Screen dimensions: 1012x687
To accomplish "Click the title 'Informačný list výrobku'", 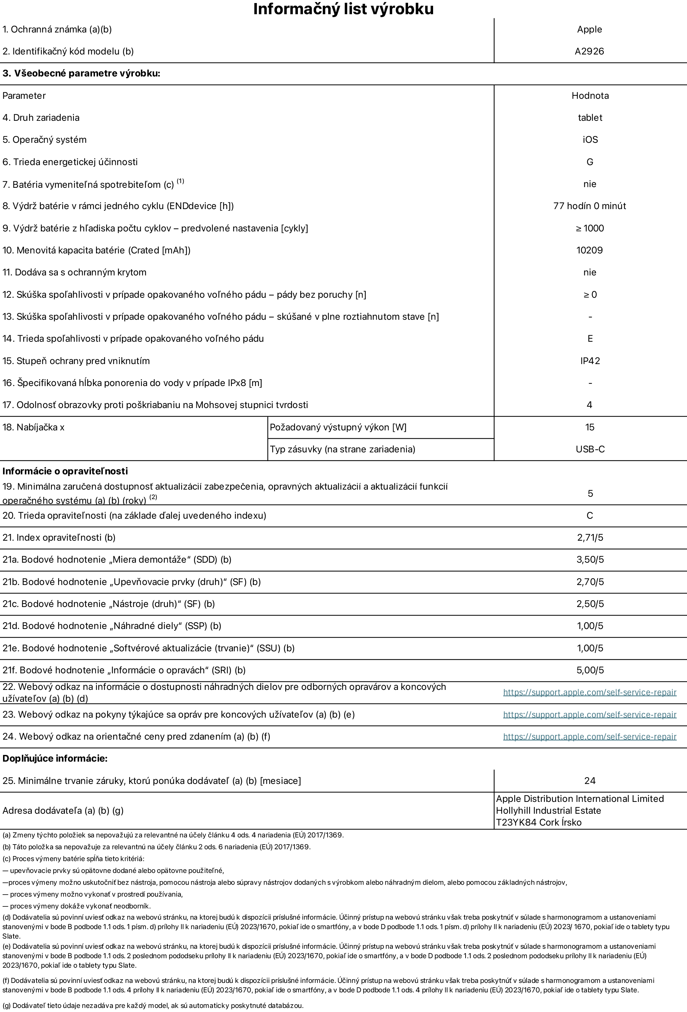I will (x=343, y=9).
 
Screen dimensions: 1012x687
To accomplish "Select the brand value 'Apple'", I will (x=590, y=30).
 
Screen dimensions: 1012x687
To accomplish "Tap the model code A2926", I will (x=590, y=51).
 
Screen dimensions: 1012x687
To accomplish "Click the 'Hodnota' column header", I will (x=590, y=96).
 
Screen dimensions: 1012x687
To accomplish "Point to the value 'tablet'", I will (x=590, y=117).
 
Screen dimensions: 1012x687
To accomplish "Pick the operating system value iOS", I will (x=590, y=140).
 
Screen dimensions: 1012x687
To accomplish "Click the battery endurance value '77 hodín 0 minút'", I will (x=590, y=206).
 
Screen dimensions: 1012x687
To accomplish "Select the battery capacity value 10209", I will (x=590, y=250).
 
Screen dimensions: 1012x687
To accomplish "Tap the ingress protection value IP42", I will (x=590, y=361).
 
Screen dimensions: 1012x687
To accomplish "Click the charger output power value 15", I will (x=590, y=427).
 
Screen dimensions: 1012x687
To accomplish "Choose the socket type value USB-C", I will (x=590, y=449).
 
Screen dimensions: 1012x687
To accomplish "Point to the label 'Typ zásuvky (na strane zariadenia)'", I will (x=342, y=449).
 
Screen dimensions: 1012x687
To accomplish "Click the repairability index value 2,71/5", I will (x=590, y=538).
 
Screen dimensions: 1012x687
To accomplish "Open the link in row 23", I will (x=590, y=715).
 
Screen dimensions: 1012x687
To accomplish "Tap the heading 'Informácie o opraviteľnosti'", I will (x=65, y=471).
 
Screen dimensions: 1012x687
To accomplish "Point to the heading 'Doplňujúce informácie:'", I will (x=55, y=759).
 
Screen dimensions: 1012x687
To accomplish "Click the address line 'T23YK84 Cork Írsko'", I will (x=539, y=823).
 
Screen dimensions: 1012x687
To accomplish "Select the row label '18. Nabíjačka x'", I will (x=33, y=428).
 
